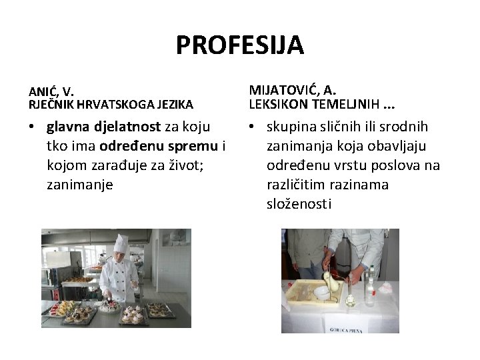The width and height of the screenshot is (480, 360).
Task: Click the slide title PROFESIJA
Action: pos(240,45)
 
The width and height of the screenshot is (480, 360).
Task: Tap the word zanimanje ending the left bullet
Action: pos(80,184)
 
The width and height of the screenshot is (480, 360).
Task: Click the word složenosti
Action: pos(298,203)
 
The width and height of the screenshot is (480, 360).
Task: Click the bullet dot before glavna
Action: pos(32,127)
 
